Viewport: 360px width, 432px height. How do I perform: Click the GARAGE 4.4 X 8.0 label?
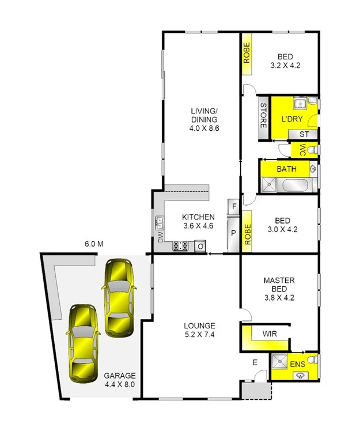pos(120,379)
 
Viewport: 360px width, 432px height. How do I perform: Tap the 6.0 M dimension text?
pos(93,244)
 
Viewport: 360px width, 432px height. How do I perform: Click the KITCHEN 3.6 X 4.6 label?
pos(198,221)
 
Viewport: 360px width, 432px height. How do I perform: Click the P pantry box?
pos(234,233)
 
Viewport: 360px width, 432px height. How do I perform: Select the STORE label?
pos(263,116)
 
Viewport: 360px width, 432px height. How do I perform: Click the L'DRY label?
pos(291,119)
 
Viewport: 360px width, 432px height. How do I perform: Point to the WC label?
pos(301,150)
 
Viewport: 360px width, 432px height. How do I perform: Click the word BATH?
pos(286,169)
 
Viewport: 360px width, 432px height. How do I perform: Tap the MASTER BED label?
pos(279,285)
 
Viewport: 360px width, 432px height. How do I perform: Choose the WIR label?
pos(269,334)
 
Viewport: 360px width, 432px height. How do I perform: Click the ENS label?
pos(297,365)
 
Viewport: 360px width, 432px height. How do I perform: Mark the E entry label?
pos(255,362)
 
